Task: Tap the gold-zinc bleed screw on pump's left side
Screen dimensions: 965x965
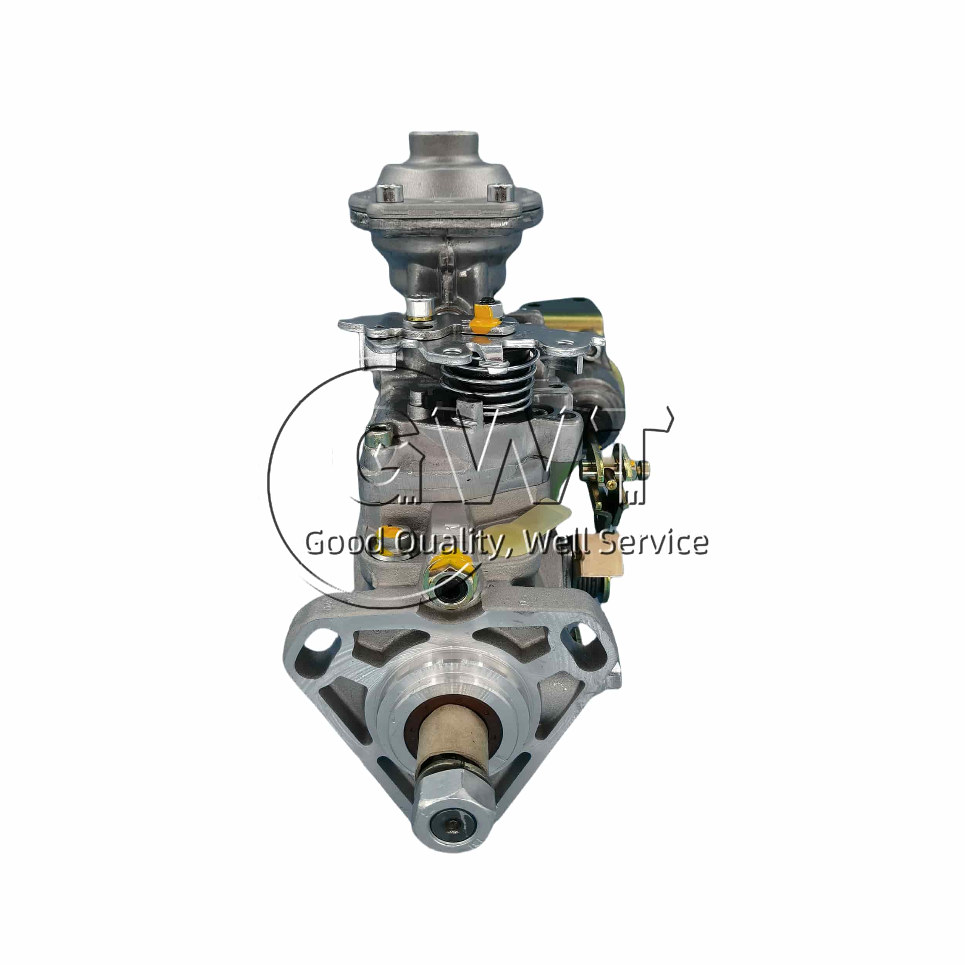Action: click(378, 440)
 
